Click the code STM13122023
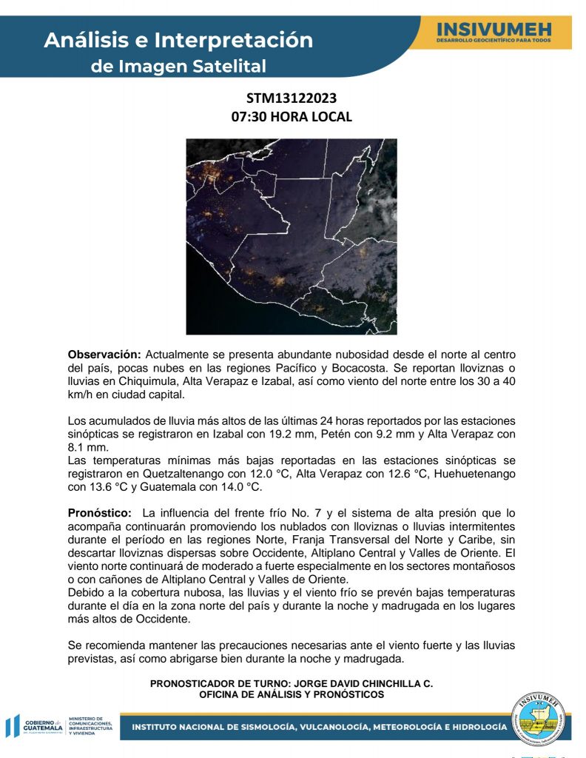(292, 98)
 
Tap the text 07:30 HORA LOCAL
(292, 117)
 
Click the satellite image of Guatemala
(292, 236)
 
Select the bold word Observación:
(104, 355)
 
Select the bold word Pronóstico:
(101, 512)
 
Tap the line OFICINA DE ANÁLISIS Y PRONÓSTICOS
(292, 695)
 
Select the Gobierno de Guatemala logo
(37, 725)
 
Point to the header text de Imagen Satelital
(178, 67)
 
